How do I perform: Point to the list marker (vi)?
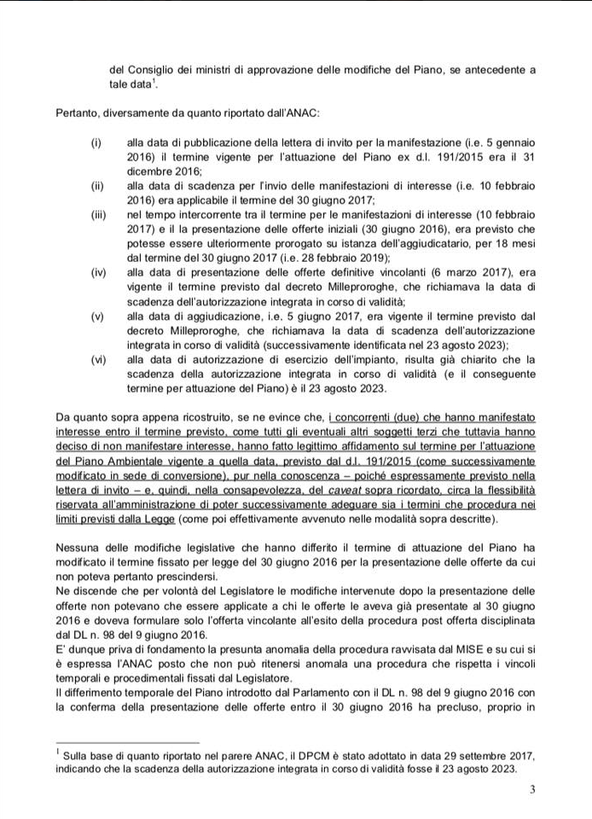click(x=98, y=359)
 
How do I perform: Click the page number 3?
click(x=533, y=790)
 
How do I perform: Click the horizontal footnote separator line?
click(x=127, y=742)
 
